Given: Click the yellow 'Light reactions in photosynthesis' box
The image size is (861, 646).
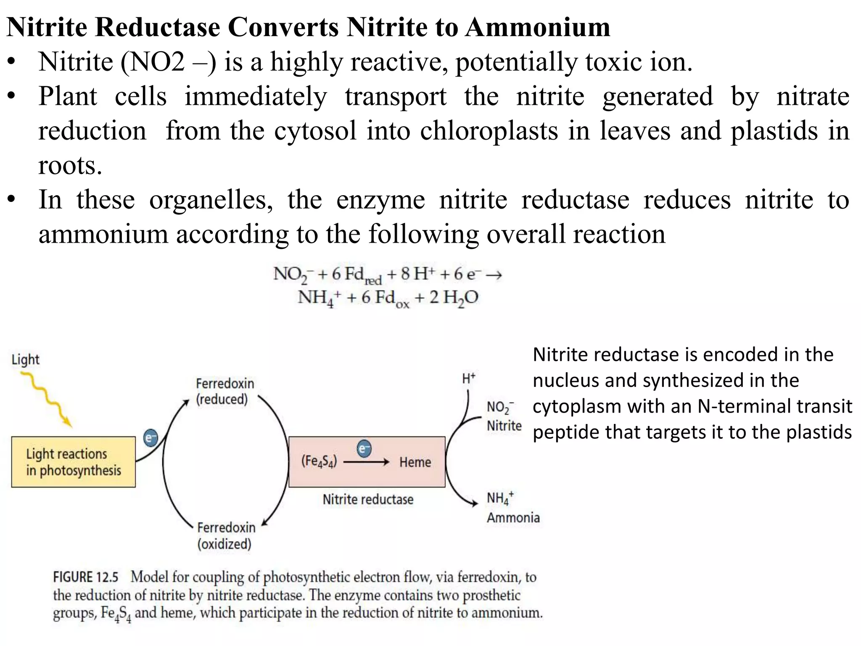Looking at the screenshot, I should tap(73, 462).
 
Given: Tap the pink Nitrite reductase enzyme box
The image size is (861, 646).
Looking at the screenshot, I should tap(367, 479).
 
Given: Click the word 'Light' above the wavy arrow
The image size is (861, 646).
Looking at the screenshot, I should tap(25, 360).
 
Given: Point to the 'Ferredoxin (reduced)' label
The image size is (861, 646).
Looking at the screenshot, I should tap(224, 391).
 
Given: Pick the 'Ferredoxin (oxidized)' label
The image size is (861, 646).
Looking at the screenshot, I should tap(226, 535).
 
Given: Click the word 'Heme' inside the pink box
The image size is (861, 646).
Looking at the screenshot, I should tap(415, 462).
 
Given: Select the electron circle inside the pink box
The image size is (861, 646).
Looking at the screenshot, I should tap(364, 448).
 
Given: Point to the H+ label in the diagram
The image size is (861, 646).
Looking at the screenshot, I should tap(468, 379).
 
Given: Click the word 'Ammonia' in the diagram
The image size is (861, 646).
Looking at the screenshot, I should tap(513, 517).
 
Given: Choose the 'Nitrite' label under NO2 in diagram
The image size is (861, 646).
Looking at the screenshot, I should tap(504, 426).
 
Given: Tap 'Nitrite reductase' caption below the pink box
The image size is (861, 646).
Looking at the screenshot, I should tap(368, 499).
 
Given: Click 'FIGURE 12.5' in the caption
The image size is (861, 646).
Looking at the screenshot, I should tap(86, 577).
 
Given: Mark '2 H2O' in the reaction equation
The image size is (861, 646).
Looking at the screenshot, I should tap(454, 298).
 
